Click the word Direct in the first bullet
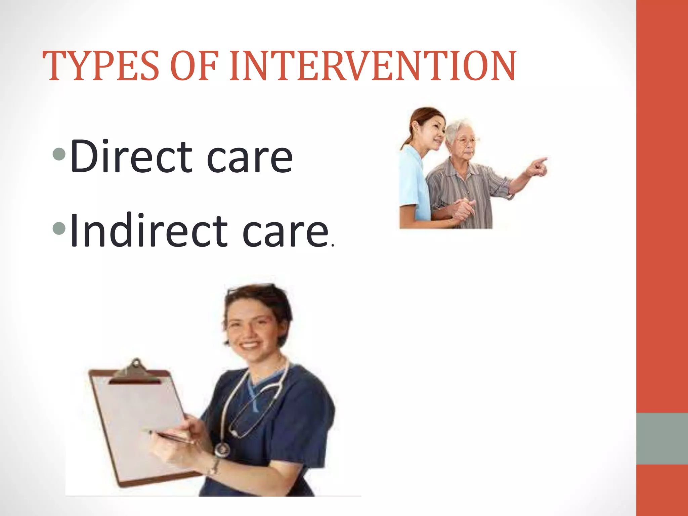coord(131,157)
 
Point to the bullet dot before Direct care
coord(59,155)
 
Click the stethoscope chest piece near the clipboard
coord(222,449)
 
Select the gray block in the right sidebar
coord(662,438)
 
